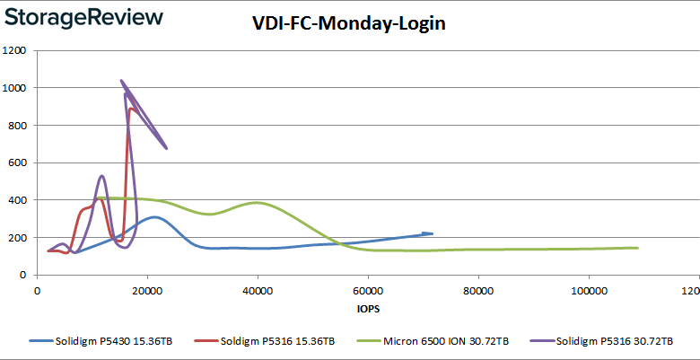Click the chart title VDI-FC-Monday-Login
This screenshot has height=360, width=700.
pyautogui.click(x=349, y=24)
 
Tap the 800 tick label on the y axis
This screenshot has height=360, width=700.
pyautogui.click(x=17, y=126)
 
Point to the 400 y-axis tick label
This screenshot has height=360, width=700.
pyautogui.click(x=17, y=200)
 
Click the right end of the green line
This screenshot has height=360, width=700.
pyautogui.click(x=637, y=248)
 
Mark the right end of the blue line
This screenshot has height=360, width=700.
pyautogui.click(x=432, y=233)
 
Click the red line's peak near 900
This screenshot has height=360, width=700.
pyautogui.click(x=132, y=109)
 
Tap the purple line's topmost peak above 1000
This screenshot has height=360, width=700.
pyautogui.click(x=121, y=81)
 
